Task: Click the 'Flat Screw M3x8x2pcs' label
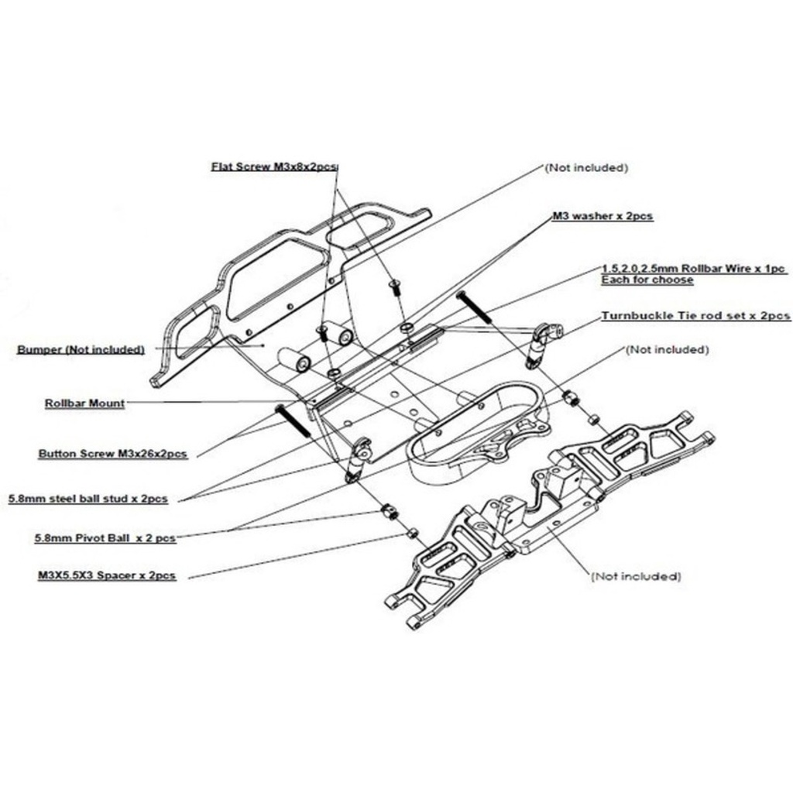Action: (x=275, y=166)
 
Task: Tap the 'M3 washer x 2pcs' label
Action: (x=602, y=217)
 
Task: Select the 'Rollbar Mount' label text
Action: (x=84, y=403)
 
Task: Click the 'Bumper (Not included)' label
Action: (x=81, y=349)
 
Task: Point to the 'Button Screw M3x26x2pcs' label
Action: (x=112, y=454)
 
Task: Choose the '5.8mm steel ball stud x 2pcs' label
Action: (x=88, y=499)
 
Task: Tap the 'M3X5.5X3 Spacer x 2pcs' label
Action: (x=106, y=576)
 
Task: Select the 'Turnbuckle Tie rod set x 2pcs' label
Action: (x=695, y=316)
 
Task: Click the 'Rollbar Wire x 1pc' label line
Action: (x=694, y=269)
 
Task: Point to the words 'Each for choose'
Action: (x=647, y=280)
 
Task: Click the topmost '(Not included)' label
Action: (x=585, y=167)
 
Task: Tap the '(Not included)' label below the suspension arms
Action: (x=636, y=576)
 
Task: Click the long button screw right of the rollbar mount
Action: (x=474, y=307)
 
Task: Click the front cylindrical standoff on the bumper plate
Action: (x=295, y=360)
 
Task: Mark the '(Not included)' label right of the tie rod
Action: (x=667, y=350)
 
